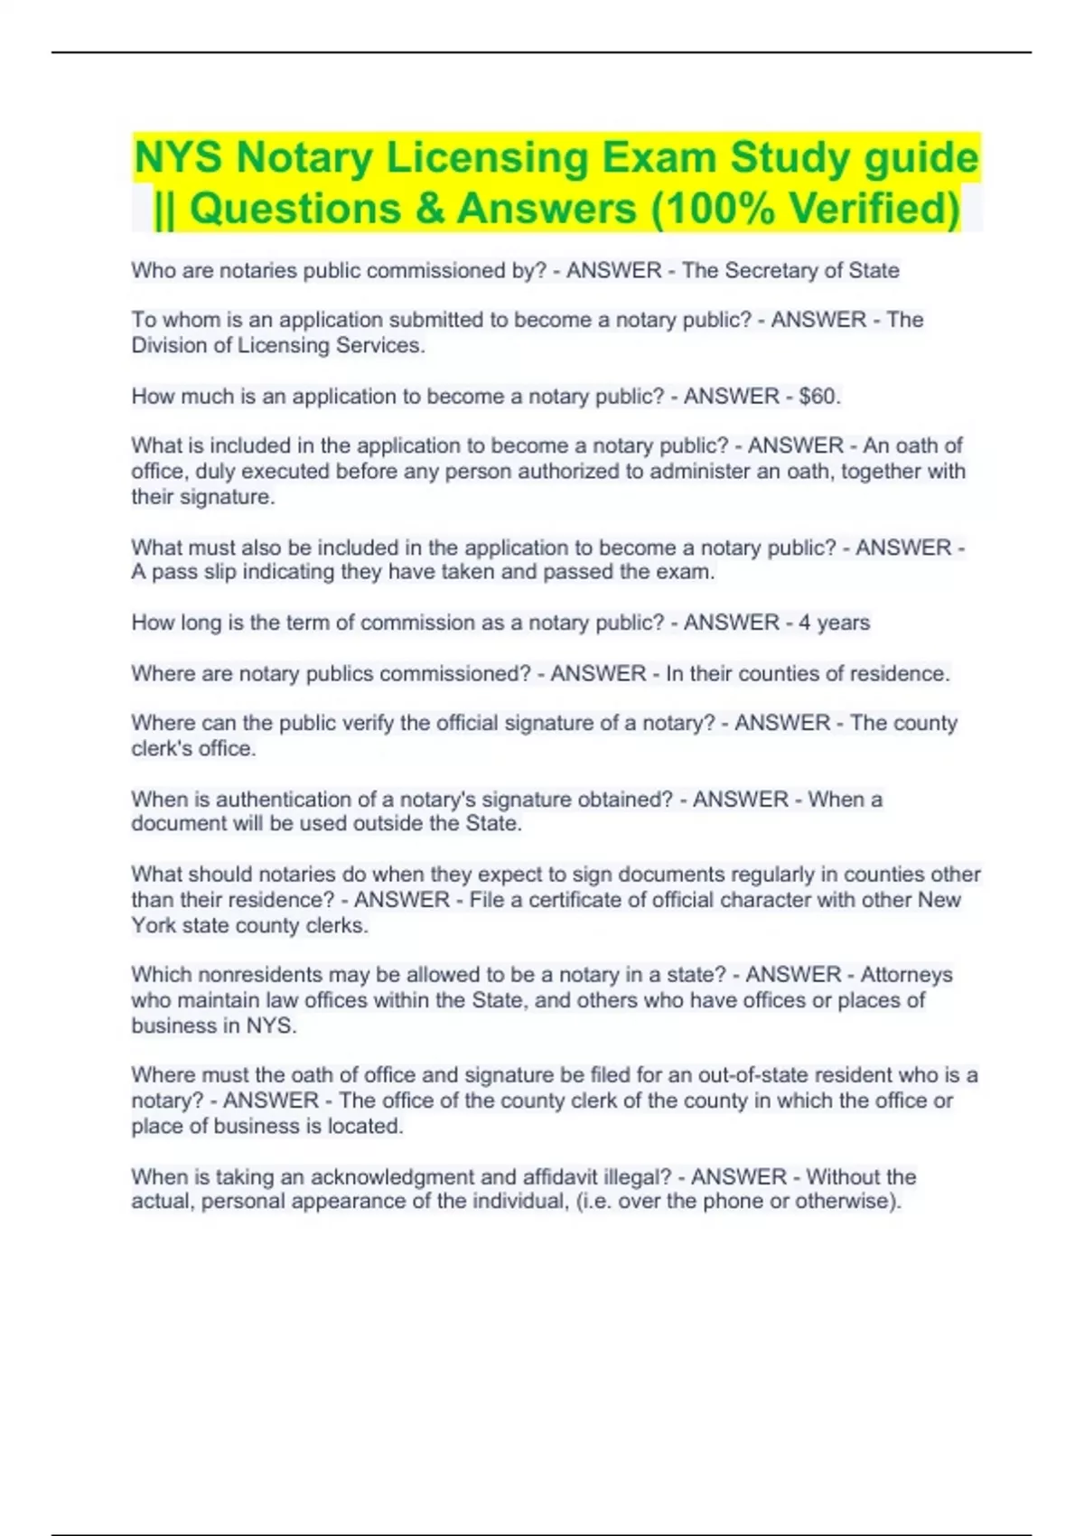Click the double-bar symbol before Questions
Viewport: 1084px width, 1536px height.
[x=164, y=210]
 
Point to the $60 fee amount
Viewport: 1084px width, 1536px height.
[x=818, y=397]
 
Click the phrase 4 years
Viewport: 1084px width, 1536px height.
[x=834, y=623]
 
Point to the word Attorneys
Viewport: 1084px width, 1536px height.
[x=906, y=975]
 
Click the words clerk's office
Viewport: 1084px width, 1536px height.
[x=193, y=748]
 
